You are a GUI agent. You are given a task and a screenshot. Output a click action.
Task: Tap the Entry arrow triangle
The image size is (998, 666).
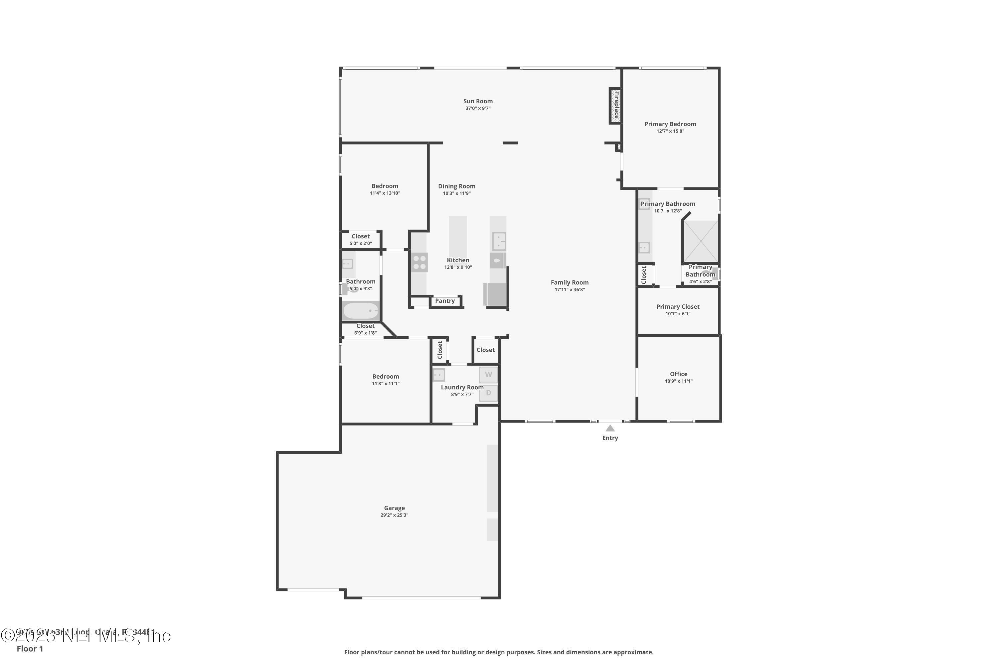(x=610, y=428)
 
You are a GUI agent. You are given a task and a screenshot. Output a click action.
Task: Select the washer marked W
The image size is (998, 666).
(x=488, y=375)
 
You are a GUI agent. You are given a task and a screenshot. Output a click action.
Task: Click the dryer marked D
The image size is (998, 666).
(x=488, y=393)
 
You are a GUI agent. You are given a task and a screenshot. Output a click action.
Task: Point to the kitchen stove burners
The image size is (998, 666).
(x=419, y=262)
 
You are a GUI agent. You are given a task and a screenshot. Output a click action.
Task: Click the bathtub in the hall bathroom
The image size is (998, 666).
(x=361, y=311)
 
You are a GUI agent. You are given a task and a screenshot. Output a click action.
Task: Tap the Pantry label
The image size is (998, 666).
(x=445, y=301)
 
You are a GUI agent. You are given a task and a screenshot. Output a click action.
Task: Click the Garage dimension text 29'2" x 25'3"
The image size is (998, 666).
(x=394, y=515)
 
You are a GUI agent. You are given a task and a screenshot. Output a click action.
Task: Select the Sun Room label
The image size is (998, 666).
(x=478, y=101)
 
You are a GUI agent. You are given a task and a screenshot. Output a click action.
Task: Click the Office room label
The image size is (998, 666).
(x=679, y=374)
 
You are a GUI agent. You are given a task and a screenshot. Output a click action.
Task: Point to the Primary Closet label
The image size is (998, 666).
(x=678, y=307)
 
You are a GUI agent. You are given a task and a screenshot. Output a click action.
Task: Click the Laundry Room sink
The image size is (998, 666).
(x=439, y=375)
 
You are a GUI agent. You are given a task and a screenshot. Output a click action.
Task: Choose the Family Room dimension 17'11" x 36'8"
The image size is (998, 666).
(x=570, y=290)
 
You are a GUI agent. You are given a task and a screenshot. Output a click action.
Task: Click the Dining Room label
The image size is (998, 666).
(x=456, y=186)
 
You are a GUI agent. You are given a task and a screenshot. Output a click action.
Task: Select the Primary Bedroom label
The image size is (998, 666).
(x=670, y=124)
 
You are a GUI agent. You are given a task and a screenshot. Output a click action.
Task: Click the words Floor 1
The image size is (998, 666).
(x=30, y=649)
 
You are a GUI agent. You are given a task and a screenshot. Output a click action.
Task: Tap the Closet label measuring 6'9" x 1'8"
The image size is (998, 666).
(x=365, y=326)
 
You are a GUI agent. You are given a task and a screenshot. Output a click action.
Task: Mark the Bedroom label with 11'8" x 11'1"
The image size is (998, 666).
(x=385, y=376)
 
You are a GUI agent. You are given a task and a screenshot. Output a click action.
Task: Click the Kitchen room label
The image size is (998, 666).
(x=458, y=260)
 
